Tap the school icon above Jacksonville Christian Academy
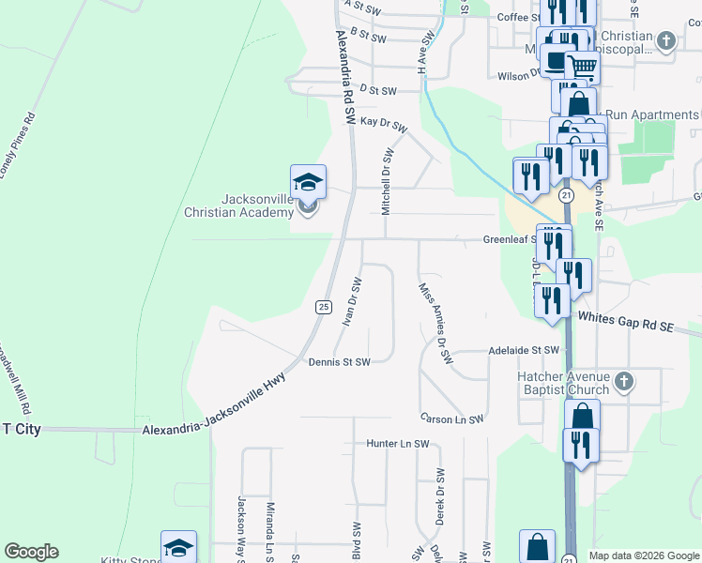point(307,182)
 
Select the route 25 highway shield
point(323,307)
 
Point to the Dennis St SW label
point(340,361)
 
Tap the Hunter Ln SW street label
point(397,443)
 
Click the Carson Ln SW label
point(451,418)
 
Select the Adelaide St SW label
point(524,350)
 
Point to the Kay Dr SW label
point(384,124)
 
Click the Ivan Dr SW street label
point(352,301)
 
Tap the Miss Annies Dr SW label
point(435,324)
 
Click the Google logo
point(31,552)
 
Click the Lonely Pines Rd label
point(18,145)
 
